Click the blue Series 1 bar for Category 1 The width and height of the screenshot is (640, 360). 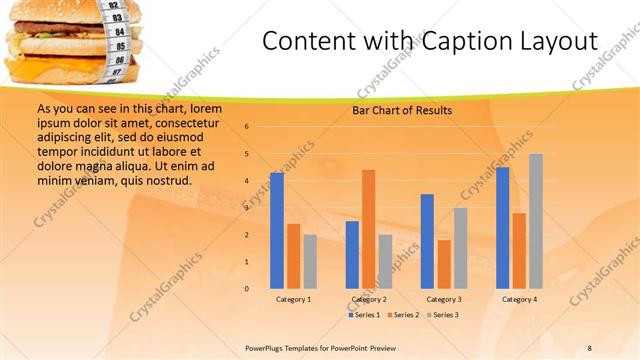click(x=277, y=231)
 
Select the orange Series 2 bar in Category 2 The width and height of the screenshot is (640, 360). click(x=368, y=229)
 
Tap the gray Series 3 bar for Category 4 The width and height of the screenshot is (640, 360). click(x=536, y=221)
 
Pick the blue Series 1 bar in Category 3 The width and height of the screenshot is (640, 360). click(x=427, y=241)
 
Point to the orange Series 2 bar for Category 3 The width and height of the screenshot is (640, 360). click(x=444, y=264)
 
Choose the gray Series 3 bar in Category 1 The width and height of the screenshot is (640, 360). click(x=310, y=262)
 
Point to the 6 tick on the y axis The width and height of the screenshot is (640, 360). click(x=247, y=127)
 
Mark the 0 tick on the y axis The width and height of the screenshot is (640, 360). click(x=247, y=289)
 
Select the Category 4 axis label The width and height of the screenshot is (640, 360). click(x=519, y=300)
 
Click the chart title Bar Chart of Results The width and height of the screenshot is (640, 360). click(x=402, y=111)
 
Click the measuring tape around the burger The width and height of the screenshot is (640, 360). click(x=117, y=40)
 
